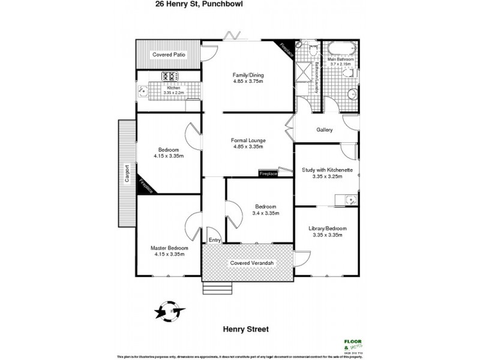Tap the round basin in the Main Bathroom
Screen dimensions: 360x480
352,95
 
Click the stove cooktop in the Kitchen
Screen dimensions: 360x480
169,76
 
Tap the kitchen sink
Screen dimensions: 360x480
143,91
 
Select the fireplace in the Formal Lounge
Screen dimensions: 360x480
268,173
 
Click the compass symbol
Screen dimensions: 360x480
167,311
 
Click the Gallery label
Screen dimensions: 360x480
324,130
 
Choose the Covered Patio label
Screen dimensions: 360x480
168,55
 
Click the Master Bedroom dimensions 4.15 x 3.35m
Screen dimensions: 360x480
169,254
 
